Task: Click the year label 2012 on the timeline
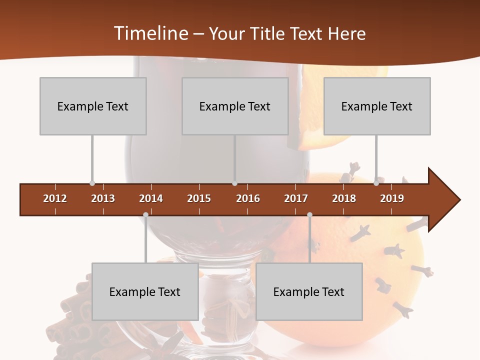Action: coord(55,198)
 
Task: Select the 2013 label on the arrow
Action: coord(103,198)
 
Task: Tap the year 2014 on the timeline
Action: coord(151,198)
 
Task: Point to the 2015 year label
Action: coord(199,198)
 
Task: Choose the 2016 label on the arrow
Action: coord(248,198)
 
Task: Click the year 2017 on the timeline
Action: coord(296,198)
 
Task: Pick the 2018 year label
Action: coord(344,198)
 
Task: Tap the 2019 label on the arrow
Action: coord(392,198)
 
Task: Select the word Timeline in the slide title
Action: coord(150,33)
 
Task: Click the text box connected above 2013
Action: coord(93,106)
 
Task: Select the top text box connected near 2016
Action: coord(235,106)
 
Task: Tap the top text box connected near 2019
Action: coord(377,106)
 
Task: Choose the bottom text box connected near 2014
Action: coord(145,291)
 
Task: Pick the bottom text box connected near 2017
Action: coord(309,291)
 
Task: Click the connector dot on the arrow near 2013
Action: coord(92,183)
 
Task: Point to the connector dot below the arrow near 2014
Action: coord(145,214)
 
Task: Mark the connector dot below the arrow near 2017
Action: coord(309,214)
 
